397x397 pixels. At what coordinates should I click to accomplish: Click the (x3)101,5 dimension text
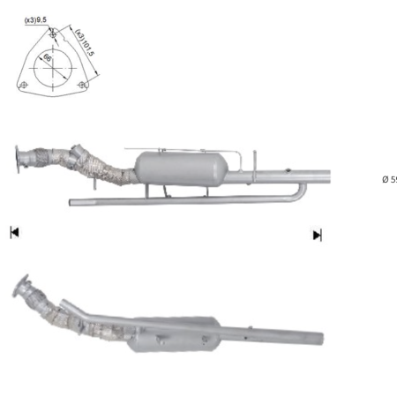[x=86, y=41]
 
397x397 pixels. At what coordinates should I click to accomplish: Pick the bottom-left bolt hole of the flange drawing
[x=25, y=85]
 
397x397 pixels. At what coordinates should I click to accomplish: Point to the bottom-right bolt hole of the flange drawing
[x=81, y=85]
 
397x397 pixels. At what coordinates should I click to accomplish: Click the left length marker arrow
[x=14, y=233]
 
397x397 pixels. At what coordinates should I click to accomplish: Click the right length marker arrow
[x=317, y=235]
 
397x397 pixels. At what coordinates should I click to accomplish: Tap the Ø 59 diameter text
[x=388, y=180]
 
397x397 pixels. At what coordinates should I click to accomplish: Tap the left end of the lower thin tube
[x=73, y=202]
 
